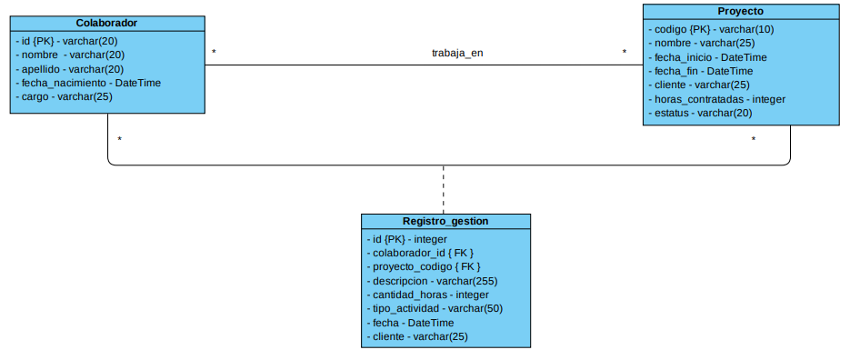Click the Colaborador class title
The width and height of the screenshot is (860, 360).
107,23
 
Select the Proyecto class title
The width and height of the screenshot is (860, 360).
740,11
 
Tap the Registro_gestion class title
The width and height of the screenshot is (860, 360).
445,221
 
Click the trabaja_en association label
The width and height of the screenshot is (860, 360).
457,53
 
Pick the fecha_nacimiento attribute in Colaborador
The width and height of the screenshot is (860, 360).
90,83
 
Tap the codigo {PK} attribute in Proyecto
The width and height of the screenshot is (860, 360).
712,28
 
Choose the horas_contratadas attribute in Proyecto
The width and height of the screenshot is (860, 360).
719,99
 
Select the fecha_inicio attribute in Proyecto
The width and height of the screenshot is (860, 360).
710,56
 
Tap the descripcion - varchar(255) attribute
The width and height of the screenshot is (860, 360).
432,281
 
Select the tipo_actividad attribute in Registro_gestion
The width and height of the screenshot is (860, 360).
435,308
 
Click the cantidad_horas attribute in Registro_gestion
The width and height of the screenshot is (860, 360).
428,295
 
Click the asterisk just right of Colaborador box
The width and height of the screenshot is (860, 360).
214,53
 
